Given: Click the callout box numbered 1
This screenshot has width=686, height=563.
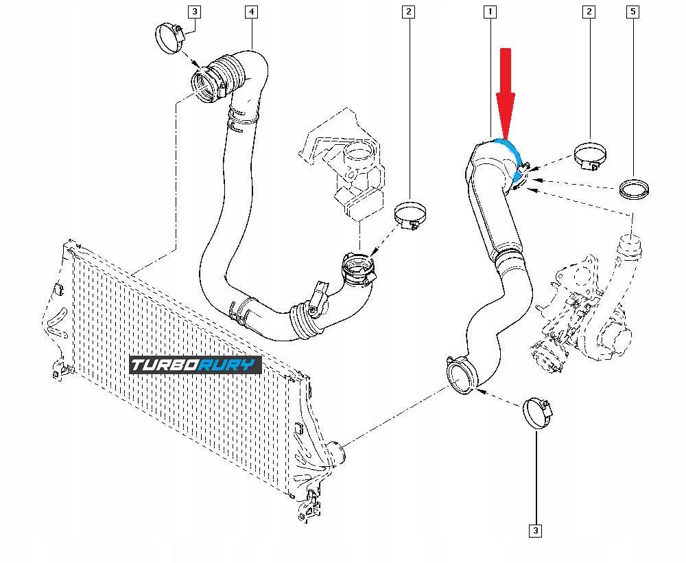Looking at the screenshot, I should pyautogui.click(x=490, y=12).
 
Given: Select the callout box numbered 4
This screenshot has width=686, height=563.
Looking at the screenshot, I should pyautogui.click(x=251, y=12).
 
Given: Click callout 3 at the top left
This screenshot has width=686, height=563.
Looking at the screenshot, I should pyautogui.click(x=195, y=12).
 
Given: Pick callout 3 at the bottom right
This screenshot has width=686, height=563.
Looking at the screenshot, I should pyautogui.click(x=535, y=530).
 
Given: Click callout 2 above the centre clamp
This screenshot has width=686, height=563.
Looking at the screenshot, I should pyautogui.click(x=409, y=12).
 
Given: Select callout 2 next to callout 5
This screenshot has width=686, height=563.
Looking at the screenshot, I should pyautogui.click(x=589, y=12).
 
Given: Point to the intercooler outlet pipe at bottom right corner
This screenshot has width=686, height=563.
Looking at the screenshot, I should pyautogui.click(x=335, y=454).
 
